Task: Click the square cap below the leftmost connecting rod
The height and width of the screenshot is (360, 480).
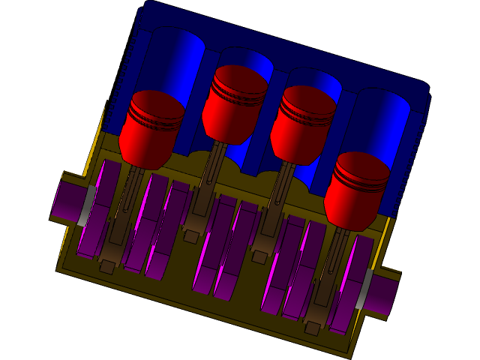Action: pos(107,267)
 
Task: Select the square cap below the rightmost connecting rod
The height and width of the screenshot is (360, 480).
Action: pos(312,328)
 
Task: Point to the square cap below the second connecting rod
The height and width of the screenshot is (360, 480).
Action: pos(192,237)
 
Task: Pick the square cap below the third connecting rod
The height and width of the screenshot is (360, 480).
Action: pos(259,256)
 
